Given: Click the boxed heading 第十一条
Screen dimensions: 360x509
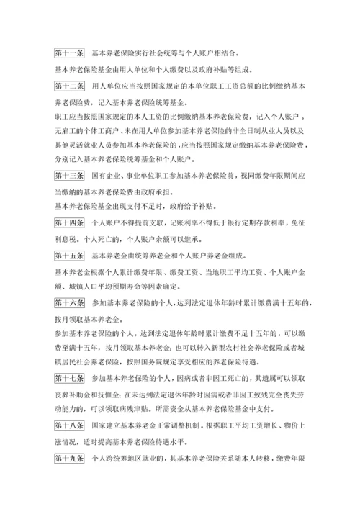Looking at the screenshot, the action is click(69, 53).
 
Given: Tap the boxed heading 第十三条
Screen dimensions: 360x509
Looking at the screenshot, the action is click(69, 174).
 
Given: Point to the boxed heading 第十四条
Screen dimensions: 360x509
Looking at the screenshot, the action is click(69, 222).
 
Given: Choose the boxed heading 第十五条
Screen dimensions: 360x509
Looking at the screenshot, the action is click(69, 255).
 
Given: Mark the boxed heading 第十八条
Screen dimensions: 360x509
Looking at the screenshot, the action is click(69, 425).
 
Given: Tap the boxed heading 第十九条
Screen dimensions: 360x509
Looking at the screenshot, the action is click(69, 457).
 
